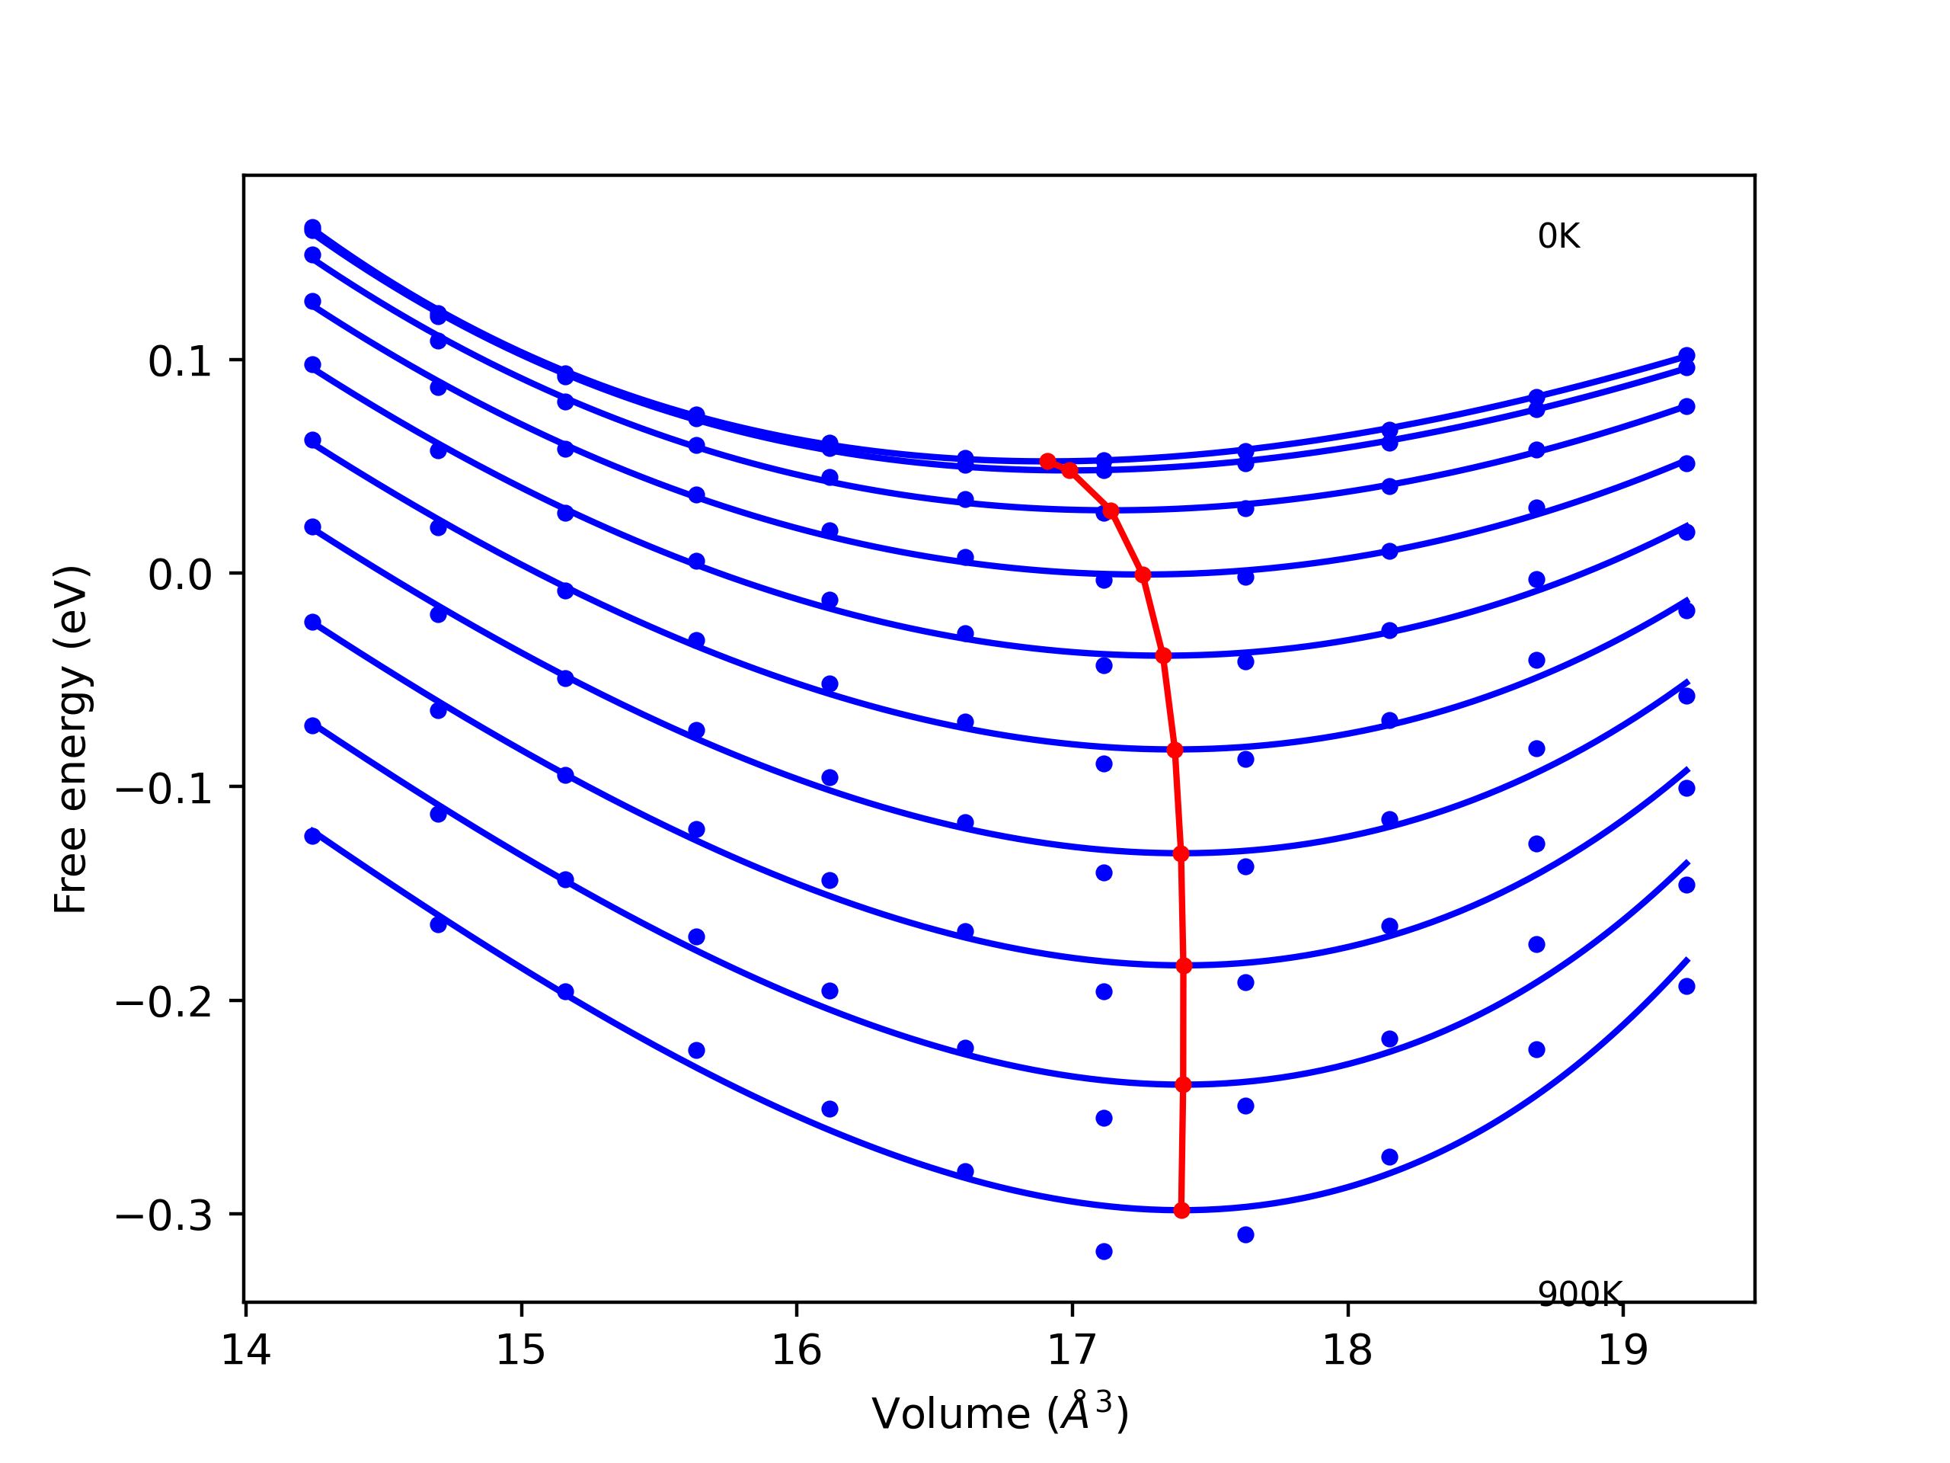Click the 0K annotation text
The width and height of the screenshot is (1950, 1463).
1558,236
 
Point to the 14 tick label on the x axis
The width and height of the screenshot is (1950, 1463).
245,1350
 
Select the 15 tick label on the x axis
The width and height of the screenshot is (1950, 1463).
521,1350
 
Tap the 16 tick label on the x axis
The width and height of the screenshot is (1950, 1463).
796,1350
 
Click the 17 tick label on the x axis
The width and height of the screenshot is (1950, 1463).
1072,1350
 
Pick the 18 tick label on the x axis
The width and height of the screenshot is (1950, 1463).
1347,1350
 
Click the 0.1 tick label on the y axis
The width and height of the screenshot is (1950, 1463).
180,362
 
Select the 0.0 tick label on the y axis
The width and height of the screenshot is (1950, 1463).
180,575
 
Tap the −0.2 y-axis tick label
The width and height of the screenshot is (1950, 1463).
164,1002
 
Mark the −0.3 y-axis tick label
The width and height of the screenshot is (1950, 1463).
164,1216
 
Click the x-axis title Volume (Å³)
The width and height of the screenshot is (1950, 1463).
999,1413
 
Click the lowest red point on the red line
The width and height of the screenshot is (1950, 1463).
1181,1211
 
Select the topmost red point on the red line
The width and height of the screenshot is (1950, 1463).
1047,461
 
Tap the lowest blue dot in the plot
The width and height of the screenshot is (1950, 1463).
1104,1251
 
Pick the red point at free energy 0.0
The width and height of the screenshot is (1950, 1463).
1143,575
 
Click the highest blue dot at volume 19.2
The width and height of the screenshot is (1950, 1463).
1686,355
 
